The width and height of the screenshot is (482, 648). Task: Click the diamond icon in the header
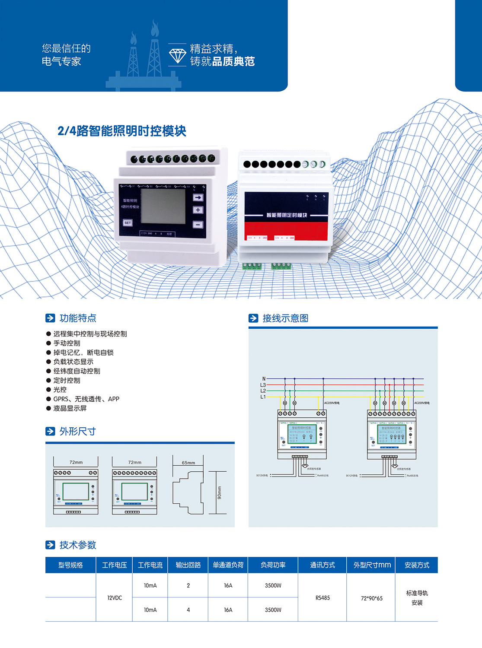point(177,55)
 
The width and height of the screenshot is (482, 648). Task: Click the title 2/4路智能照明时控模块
point(122,131)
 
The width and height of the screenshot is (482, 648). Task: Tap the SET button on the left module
point(128,223)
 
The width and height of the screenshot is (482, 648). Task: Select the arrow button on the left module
point(198,197)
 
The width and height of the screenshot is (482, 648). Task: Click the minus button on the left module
point(198,225)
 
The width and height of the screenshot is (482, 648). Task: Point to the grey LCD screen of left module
point(163,206)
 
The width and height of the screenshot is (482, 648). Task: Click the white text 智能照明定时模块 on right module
point(287,215)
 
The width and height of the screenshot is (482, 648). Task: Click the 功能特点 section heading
point(78,318)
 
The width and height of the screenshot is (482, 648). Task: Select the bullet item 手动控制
point(67,343)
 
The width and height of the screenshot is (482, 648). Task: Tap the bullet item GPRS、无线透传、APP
point(86,399)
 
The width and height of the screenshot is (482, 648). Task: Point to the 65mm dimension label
point(188,463)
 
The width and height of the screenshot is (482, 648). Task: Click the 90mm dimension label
point(219,492)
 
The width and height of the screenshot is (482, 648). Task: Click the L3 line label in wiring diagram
point(263,385)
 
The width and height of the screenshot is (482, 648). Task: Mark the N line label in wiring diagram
point(264,379)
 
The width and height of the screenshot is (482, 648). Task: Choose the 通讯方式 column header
point(322,565)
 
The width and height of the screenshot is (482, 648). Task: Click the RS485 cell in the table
point(322,598)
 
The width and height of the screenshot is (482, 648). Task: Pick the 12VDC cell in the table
point(115,598)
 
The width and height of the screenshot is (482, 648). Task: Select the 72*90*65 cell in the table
point(372,598)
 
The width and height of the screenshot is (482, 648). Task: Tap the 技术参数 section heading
point(78,545)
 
